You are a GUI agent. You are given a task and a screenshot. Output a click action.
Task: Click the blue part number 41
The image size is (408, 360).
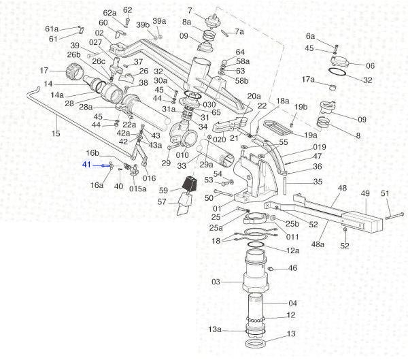[x=86, y=165]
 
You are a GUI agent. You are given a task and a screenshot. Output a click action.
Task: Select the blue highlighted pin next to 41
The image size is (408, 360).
[x=105, y=165]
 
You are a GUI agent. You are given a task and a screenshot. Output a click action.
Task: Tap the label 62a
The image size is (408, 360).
[x=109, y=13]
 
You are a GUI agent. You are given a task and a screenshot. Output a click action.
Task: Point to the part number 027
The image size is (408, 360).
[x=96, y=42]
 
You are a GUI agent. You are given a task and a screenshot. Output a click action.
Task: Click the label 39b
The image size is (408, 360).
[x=142, y=24]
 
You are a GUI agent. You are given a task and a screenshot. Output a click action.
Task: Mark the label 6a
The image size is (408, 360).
[x=311, y=36]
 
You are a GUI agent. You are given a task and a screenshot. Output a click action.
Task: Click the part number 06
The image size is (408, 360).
[x=371, y=66]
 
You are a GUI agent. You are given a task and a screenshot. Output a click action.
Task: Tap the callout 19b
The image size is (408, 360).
[x=301, y=108]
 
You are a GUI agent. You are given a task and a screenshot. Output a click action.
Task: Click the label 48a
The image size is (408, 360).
[x=317, y=242]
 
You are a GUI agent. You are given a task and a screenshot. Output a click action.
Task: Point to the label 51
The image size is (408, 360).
[x=385, y=194]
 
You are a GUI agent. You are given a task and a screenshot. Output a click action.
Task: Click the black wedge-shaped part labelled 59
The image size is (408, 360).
[x=189, y=184]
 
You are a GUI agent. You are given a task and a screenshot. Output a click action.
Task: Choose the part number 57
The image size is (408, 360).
[x=163, y=202]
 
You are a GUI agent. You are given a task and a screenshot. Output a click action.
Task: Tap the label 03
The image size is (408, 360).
[x=216, y=281]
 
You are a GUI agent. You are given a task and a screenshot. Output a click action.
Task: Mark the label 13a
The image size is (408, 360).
[x=215, y=329]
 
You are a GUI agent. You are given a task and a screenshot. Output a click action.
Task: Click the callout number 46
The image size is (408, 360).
[x=293, y=269]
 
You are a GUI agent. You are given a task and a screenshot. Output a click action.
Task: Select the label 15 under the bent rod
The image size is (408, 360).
[x=56, y=133]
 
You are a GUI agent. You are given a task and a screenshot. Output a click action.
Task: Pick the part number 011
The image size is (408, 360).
[x=292, y=237]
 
